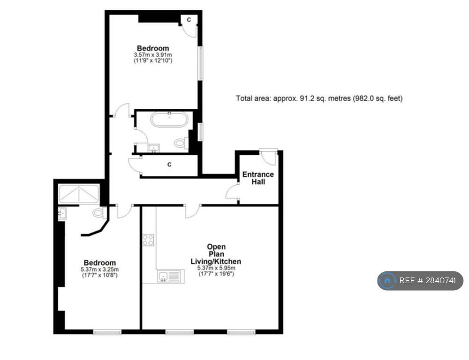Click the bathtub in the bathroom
pyautogui.click(x=169, y=120)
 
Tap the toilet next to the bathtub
pyautogui.click(x=181, y=142)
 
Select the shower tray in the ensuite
pyautogui.click(x=79, y=195)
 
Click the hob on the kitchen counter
pyautogui.click(x=148, y=240)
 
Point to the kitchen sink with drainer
pyautogui.click(x=171, y=276)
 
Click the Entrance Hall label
pyautogui.click(x=258, y=178)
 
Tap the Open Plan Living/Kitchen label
pyautogui.click(x=216, y=254)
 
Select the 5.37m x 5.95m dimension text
pyautogui.click(x=216, y=268)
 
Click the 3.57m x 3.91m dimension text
pyautogui.click(x=153, y=55)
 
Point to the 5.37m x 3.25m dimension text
pyautogui.click(x=99, y=270)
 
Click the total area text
pyautogui.click(x=319, y=98)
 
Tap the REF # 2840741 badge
pyautogui.click(x=420, y=280)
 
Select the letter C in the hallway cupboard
pyautogui.click(x=169, y=165)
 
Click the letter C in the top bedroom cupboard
pyautogui.click(x=189, y=20)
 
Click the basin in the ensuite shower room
pyautogui.click(x=62, y=213)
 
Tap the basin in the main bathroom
pyautogui.click(x=154, y=148)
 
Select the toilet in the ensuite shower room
pyautogui.click(x=99, y=213)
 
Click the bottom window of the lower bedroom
pyautogui.click(x=107, y=332)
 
